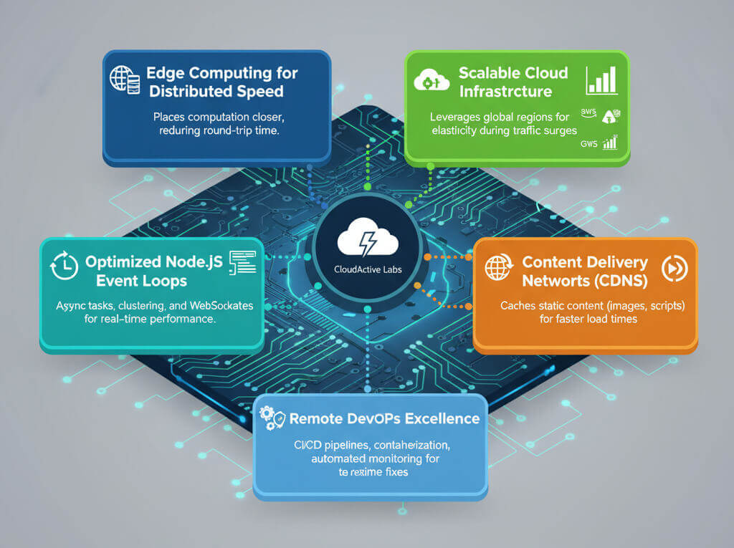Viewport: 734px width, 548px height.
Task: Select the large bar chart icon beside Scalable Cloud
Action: pos(601,80)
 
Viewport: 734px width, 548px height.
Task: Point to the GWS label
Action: pos(589,143)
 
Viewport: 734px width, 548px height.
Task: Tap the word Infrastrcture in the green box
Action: pos(505,92)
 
